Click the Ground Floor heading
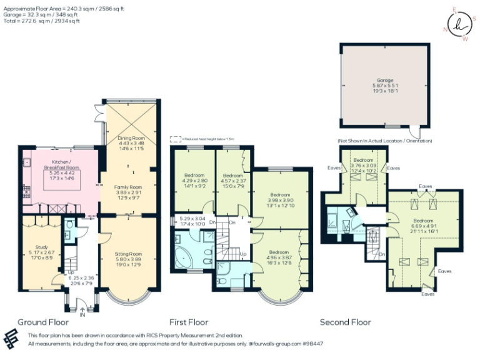(42, 322)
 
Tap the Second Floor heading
(345, 322)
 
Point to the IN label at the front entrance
(82, 314)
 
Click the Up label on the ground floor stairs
(71, 273)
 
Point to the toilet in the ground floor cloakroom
(69, 224)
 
